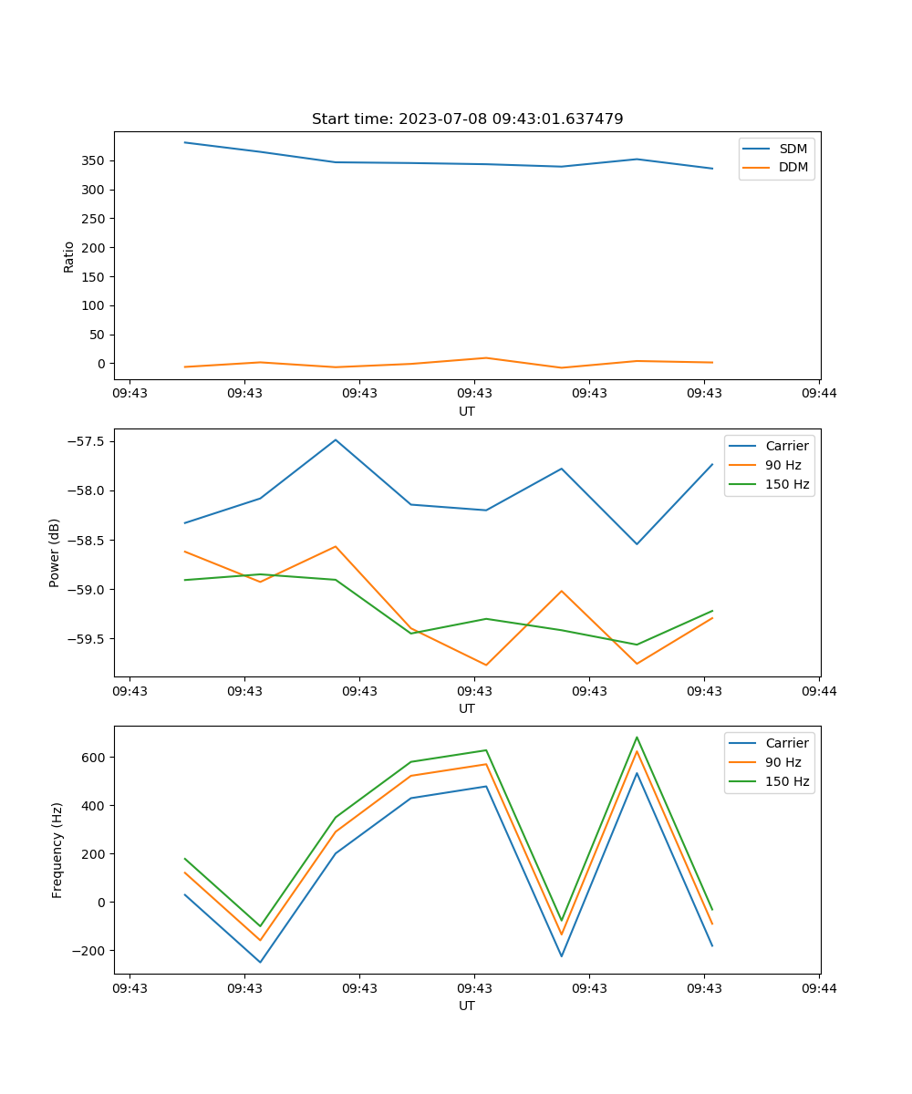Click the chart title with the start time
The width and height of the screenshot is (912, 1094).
point(467,119)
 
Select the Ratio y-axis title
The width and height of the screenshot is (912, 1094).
point(68,256)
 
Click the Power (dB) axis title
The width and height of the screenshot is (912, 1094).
point(55,552)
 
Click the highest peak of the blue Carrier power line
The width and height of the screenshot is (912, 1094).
point(336,439)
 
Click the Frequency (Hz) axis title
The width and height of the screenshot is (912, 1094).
point(57,850)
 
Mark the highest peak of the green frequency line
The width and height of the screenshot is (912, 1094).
point(637,738)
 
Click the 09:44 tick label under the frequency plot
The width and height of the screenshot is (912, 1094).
point(819,988)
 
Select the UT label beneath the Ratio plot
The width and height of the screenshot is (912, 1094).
point(467,411)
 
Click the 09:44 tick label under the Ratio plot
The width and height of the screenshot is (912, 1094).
point(819,394)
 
